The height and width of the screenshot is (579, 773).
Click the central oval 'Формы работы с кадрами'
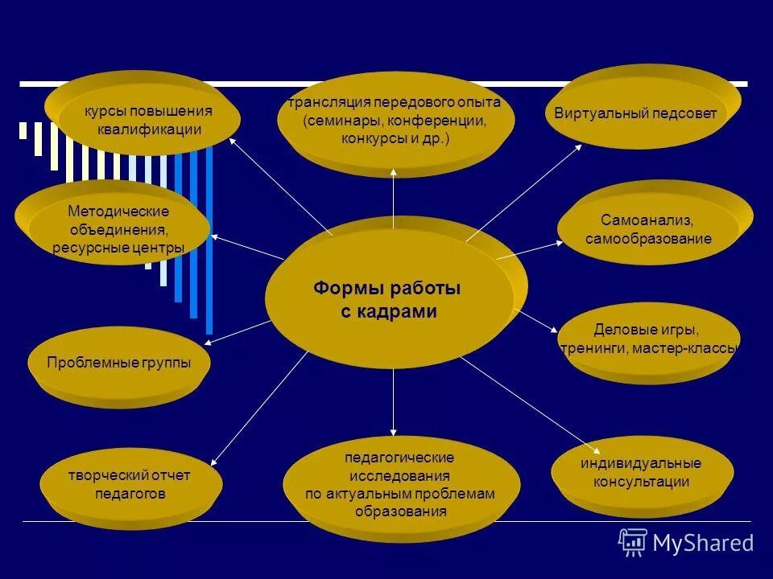pos(389,299)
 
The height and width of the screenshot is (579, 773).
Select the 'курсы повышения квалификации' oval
pos(143,119)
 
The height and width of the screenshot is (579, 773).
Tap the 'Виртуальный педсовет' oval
pos(635,113)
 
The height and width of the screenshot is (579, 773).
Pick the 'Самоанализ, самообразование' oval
pos(648,229)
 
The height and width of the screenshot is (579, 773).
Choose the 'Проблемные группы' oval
pos(119,363)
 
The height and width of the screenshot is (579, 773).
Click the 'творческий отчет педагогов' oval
pos(130,485)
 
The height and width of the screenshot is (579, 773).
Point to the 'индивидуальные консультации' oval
pos(642,473)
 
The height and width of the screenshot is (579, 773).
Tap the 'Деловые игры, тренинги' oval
pos(647,339)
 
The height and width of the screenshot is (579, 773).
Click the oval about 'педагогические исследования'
pos(400,484)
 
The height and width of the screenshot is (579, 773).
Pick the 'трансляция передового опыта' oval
pos(395,121)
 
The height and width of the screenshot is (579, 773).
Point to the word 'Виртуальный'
pos(594,113)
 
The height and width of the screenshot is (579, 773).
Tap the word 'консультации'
pos(642,482)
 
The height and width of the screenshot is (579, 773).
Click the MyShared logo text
pos(703,544)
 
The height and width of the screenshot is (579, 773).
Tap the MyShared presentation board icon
pos(633,542)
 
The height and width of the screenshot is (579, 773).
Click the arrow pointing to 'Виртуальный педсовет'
pos(523,191)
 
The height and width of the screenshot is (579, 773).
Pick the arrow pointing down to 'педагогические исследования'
pos(393,402)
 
